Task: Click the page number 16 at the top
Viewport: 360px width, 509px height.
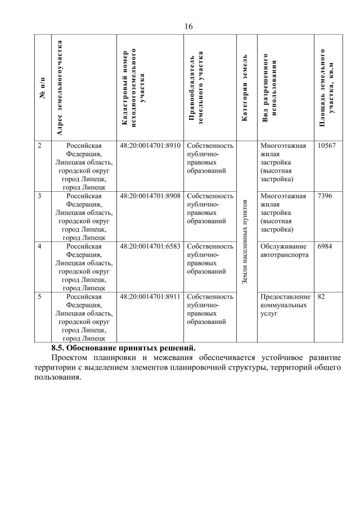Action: [x=188, y=26]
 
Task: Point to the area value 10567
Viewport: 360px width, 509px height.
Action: [x=326, y=146]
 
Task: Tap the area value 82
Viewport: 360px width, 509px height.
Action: [x=321, y=296]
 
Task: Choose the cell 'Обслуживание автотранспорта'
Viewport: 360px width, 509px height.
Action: [x=284, y=250]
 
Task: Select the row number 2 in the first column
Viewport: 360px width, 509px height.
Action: [x=39, y=146]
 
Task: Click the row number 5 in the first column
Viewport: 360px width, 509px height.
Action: [x=39, y=296]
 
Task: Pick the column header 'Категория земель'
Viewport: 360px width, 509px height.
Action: [x=246, y=88]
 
